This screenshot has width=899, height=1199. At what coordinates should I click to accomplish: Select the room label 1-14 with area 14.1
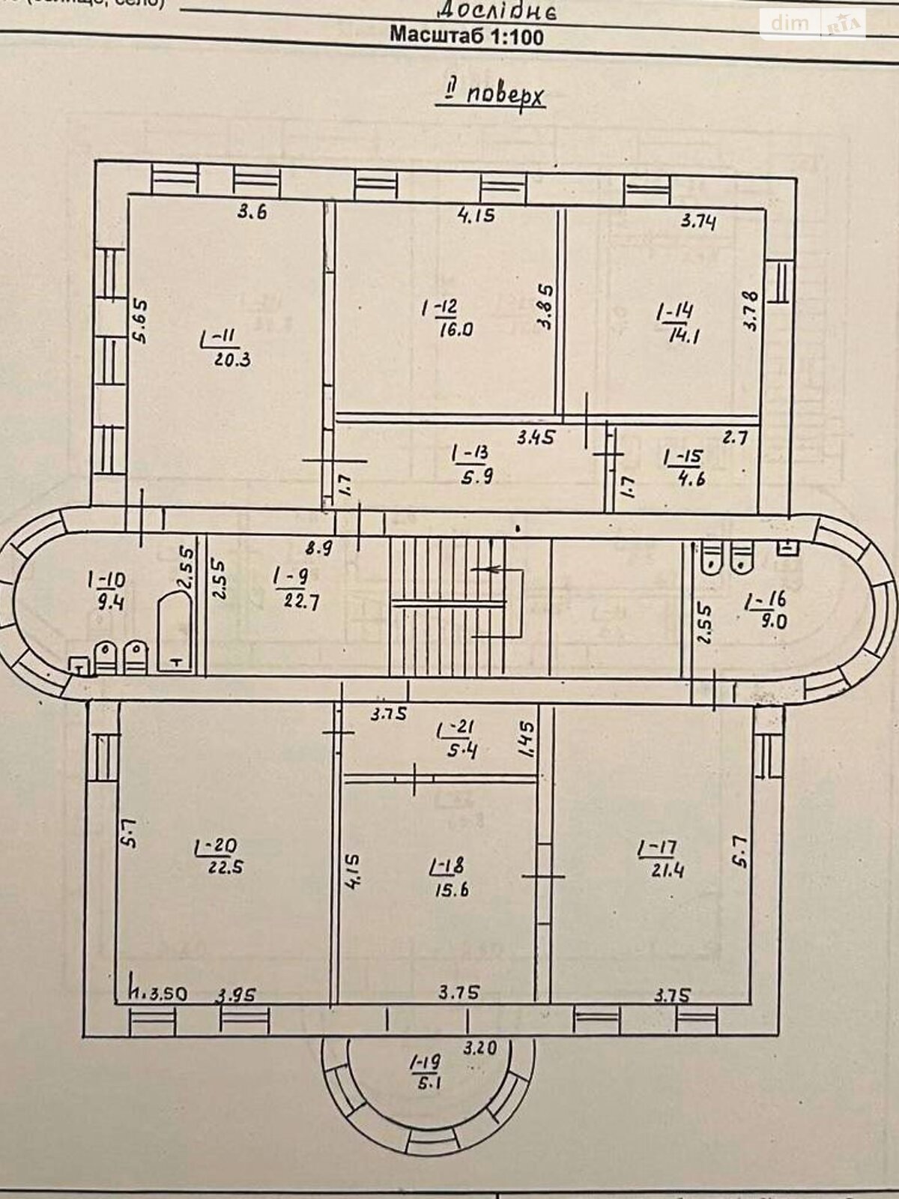[677, 323]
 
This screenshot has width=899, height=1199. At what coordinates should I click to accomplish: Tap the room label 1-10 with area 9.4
[106, 590]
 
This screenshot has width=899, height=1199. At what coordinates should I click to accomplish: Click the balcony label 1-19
[425, 1071]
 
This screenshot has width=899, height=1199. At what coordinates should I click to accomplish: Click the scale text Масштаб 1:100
[467, 35]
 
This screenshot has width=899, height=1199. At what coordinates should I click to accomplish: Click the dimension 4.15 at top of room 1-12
[476, 216]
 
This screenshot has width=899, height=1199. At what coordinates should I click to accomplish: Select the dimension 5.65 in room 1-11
[142, 321]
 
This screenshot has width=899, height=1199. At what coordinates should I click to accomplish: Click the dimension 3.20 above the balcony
[479, 1048]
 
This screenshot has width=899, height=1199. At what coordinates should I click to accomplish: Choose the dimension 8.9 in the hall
[318, 548]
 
